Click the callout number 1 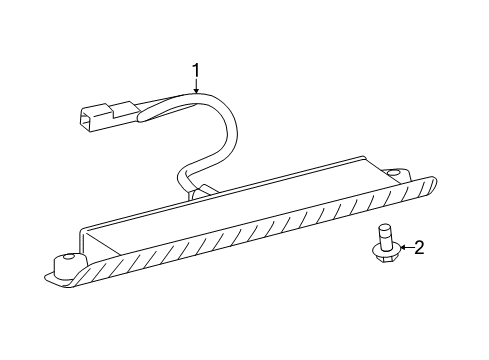click(x=196, y=70)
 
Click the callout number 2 click(x=419, y=246)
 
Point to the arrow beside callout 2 click(x=402, y=247)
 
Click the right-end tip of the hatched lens click(x=435, y=180)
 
